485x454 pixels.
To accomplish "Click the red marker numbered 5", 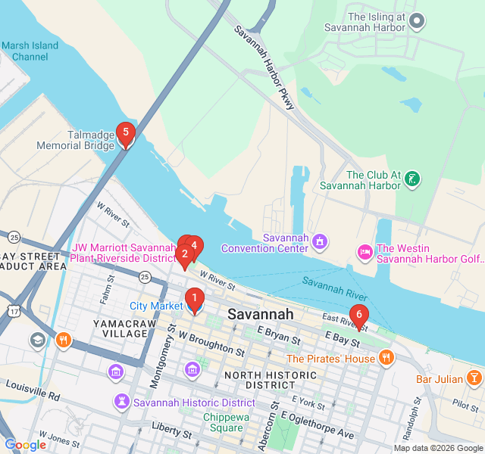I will pyautogui.click(x=126, y=135).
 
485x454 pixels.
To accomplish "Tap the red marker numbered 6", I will pyautogui.click(x=358, y=316).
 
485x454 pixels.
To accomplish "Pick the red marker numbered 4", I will pyautogui.click(x=194, y=246).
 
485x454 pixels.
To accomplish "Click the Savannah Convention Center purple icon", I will pyautogui.click(x=320, y=242).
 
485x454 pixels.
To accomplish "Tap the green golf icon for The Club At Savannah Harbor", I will pyautogui.click(x=412, y=179).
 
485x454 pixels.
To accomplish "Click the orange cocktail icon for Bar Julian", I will pyautogui.click(x=474, y=377).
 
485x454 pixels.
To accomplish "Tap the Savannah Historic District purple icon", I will pyautogui.click(x=121, y=401).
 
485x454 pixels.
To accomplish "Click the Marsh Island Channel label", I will pyautogui.click(x=30, y=51).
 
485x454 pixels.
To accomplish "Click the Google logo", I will pyautogui.click(x=26, y=445).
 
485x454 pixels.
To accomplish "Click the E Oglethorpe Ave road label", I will pyautogui.click(x=318, y=425).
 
